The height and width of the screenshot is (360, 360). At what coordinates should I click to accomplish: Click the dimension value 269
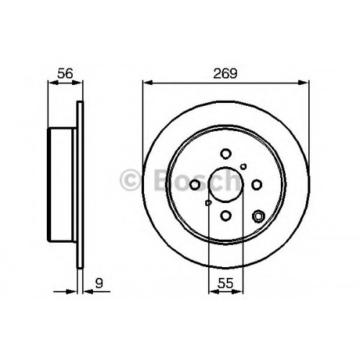(225, 73)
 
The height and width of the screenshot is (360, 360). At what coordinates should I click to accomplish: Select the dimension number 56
(65, 73)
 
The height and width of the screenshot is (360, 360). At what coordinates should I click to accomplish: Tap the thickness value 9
(99, 283)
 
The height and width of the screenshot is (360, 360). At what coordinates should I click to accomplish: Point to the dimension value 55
(225, 283)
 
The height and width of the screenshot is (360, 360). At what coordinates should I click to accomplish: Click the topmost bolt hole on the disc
(225, 154)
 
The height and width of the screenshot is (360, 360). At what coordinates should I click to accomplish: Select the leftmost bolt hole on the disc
(194, 185)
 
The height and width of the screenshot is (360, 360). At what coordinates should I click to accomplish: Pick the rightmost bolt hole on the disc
(256, 184)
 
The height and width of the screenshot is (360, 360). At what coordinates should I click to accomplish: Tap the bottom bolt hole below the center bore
(225, 215)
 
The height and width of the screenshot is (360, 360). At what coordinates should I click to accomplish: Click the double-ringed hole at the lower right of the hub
(258, 216)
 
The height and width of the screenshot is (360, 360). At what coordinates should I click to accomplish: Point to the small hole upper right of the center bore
(243, 166)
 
